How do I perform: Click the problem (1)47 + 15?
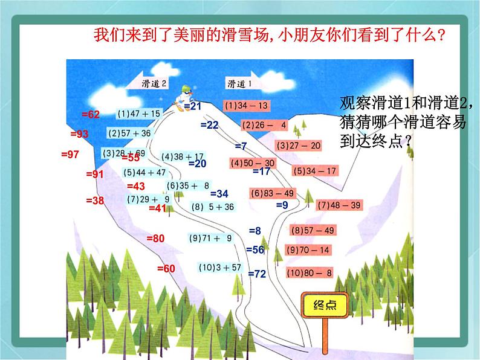(x=140, y=113)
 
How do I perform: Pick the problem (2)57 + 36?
(x=130, y=133)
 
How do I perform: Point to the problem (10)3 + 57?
(x=220, y=267)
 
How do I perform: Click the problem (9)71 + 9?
(x=210, y=238)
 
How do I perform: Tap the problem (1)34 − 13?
(x=245, y=106)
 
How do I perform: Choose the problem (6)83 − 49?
(x=272, y=193)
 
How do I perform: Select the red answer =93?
(x=79, y=133)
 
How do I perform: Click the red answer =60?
(x=165, y=268)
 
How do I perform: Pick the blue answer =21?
(x=192, y=106)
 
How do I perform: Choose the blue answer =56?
(x=255, y=249)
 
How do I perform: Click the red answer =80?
(x=155, y=239)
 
